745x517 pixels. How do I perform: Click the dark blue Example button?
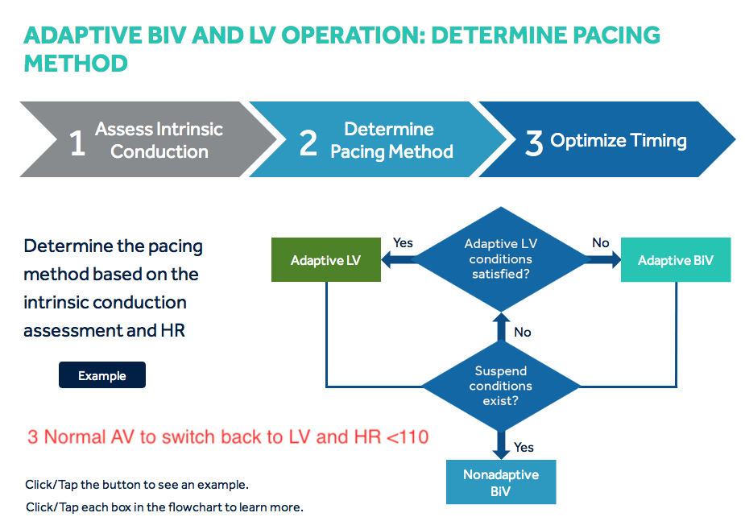tap(102, 375)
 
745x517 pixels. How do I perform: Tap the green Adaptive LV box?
tap(325, 260)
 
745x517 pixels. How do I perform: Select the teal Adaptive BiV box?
tap(675, 260)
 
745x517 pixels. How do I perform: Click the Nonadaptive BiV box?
tap(500, 482)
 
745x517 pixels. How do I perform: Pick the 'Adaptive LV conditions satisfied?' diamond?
tap(501, 259)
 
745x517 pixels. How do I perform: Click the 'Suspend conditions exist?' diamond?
tap(500, 386)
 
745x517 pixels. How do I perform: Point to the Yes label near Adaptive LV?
tap(403, 242)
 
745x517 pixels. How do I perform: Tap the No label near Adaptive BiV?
tap(600, 242)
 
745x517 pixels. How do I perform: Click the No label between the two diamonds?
tap(522, 332)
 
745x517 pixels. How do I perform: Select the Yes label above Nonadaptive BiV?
tap(524, 447)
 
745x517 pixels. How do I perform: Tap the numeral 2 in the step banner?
tap(308, 143)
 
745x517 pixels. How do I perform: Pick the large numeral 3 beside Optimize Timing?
tap(534, 143)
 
